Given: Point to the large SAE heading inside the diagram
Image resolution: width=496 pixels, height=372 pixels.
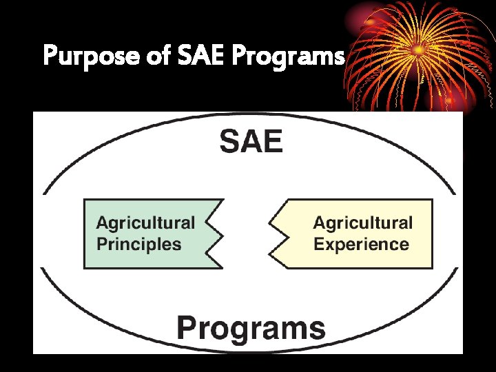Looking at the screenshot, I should (x=251, y=143).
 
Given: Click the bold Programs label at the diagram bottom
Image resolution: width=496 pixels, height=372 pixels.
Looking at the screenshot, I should (x=251, y=328).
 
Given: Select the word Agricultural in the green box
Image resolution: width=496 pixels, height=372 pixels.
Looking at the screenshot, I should (x=145, y=223).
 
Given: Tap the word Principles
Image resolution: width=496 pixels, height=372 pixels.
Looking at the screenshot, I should (x=138, y=244).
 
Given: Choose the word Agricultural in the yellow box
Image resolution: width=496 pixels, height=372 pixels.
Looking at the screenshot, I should (x=362, y=223).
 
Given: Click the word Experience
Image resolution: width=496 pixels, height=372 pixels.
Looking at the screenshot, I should (x=361, y=244).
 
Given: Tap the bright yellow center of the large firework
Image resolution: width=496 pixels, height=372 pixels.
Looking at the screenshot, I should (x=417, y=50).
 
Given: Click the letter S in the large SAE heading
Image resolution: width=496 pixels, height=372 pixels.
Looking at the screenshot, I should (x=231, y=143).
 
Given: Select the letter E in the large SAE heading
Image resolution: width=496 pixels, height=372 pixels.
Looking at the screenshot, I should (x=272, y=143).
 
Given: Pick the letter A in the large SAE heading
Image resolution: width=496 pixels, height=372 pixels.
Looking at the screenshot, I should (x=251, y=143).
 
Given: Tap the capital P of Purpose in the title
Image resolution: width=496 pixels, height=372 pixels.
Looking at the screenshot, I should (x=50, y=55).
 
